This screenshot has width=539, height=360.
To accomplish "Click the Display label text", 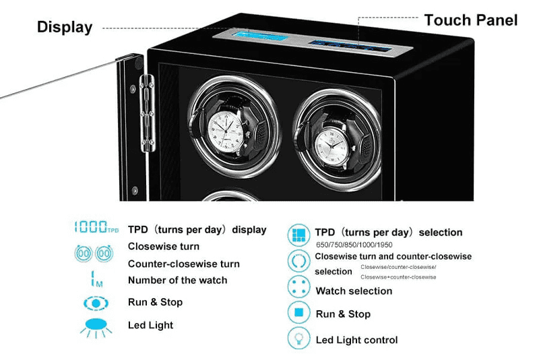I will (x=64, y=27).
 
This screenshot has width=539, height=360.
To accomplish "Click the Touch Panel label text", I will (x=470, y=20).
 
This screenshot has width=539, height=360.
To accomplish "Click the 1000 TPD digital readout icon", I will (x=95, y=229).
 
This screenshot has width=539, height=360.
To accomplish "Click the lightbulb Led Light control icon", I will (x=298, y=339).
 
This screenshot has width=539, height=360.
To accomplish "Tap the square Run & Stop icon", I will (x=298, y=313).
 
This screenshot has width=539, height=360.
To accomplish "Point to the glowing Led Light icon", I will (x=95, y=326).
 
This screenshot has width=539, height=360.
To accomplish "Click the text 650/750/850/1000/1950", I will (x=354, y=245).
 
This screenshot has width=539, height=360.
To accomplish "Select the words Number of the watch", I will (x=177, y=280).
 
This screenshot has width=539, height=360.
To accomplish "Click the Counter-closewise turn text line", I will (x=183, y=264).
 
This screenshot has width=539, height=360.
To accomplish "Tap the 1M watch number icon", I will (x=95, y=278).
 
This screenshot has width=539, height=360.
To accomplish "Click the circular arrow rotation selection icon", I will (x=298, y=260).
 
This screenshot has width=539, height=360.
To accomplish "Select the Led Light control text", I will (x=356, y=340).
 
